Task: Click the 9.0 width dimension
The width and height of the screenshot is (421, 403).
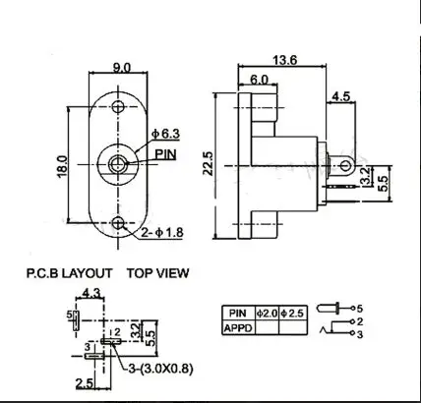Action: pyautogui.click(x=122, y=68)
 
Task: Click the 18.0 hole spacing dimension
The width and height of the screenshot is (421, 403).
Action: pyautogui.click(x=62, y=166)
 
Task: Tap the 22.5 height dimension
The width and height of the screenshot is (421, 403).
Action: pyautogui.click(x=208, y=163)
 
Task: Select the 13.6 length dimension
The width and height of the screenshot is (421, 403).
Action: pyautogui.click(x=285, y=60)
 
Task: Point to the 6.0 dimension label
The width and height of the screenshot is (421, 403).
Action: pyautogui.click(x=259, y=80)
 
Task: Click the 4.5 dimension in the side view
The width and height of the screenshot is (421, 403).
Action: pyautogui.click(x=341, y=96)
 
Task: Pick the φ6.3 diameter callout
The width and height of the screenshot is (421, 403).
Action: pyautogui.click(x=165, y=134)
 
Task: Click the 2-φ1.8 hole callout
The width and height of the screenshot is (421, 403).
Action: pyautogui.click(x=162, y=233)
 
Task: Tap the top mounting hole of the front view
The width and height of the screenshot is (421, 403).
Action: pyautogui.click(x=118, y=106)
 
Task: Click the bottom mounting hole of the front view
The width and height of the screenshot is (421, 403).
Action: pyautogui.click(x=118, y=223)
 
